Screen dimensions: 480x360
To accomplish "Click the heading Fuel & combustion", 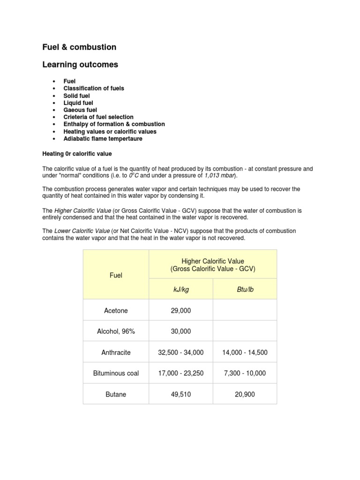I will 79,47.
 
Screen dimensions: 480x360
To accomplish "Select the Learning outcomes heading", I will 80,65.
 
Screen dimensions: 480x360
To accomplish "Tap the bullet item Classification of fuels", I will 94,88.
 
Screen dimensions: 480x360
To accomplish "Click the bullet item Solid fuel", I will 76,96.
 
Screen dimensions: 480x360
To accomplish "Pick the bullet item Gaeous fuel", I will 80,110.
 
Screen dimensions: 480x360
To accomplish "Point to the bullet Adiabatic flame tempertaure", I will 103,139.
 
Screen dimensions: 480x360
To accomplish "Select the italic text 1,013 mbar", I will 220,175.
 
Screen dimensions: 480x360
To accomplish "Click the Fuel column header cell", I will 116,275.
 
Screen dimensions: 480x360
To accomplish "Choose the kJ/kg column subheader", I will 180,290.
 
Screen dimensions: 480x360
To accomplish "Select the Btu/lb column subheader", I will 245,290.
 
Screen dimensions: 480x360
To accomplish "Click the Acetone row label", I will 116,311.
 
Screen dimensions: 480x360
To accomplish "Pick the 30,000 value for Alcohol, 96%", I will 180,331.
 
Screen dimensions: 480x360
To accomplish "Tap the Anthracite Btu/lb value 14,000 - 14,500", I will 245,352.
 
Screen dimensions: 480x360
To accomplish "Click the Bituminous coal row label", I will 116,374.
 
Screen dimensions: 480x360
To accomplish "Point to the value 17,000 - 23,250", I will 180,374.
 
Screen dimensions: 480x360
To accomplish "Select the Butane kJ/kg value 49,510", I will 180,395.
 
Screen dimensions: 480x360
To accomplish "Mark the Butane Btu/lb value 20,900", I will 245,395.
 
